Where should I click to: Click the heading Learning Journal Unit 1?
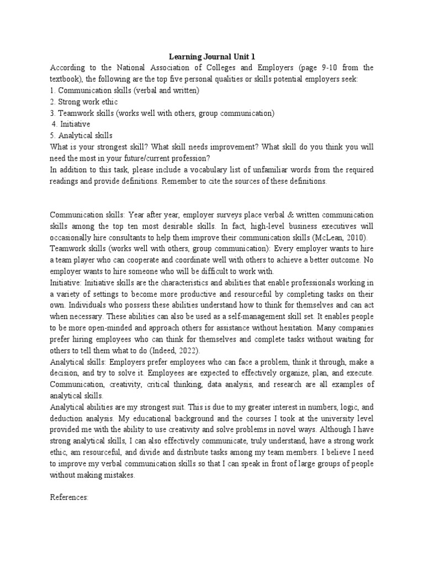coord(212,56)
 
